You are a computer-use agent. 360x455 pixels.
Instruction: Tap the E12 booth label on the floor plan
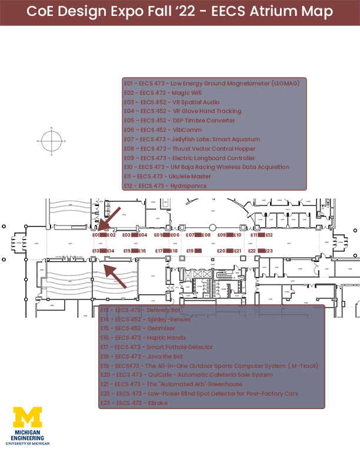(269, 235)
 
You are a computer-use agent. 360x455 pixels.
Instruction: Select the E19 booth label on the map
(190, 251)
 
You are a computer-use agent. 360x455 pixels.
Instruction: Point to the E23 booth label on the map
(269, 251)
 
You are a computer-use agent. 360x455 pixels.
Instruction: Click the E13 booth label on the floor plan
(96, 251)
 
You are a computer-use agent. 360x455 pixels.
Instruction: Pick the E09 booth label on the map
(222, 235)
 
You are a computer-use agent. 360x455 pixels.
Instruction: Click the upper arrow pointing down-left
(110, 217)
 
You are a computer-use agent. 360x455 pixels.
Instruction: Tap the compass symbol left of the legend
(52, 141)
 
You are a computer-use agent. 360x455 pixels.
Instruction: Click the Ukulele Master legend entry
(167, 177)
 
